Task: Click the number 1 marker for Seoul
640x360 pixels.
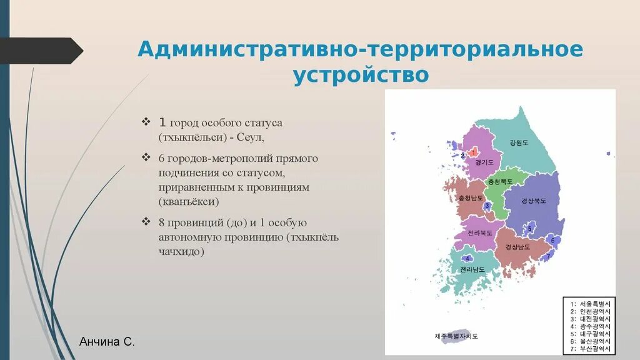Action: pos(474,152)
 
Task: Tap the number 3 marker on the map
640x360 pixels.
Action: pos(487,206)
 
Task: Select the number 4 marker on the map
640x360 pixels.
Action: pos(467,258)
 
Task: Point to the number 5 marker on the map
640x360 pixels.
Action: pos(529,228)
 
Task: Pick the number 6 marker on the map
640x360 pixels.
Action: pos(552,240)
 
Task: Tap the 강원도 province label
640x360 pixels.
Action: pos(519,142)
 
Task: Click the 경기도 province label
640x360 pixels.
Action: pos(484,162)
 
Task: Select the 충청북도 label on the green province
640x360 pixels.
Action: pos(500,181)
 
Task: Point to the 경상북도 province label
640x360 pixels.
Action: pos(533,201)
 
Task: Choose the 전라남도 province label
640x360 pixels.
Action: pos(472,269)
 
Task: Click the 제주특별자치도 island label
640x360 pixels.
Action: pos(456,336)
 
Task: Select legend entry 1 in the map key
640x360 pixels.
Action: pos(589,304)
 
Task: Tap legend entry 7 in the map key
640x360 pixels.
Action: pos(589,349)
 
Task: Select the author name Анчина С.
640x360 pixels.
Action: pos(107,342)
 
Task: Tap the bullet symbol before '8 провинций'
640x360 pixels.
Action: pos(146,222)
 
